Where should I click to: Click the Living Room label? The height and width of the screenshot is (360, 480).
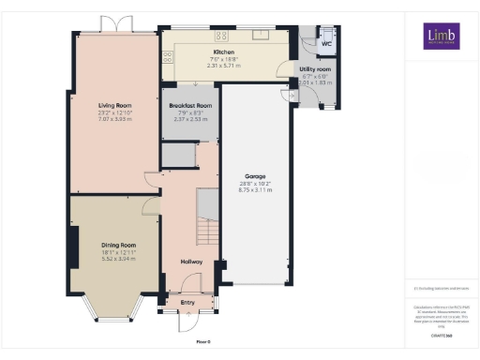click(x=113, y=118)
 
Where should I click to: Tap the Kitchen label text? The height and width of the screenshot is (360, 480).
click(x=223, y=52)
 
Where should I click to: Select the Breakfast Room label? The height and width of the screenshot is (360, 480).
click(x=190, y=106)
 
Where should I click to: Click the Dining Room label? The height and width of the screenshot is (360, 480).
click(x=119, y=246)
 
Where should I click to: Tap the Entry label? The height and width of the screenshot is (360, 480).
click(x=188, y=302)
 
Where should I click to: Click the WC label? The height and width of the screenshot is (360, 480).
click(x=327, y=44)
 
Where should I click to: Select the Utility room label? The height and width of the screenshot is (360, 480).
click(x=315, y=69)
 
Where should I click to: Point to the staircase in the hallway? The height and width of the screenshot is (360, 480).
click(x=206, y=216)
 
